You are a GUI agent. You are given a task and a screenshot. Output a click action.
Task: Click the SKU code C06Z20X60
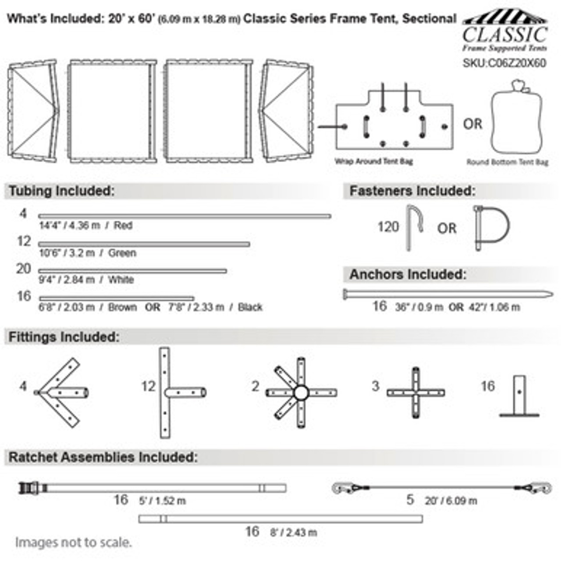coord(504,63)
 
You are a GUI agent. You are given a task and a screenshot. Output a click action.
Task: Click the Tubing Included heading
coord(61,191)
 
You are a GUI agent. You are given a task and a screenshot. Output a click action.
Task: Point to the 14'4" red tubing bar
coord(184,216)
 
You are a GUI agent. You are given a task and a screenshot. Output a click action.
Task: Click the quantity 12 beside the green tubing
coord(24,241)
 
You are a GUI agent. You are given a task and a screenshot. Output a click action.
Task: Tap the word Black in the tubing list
coord(250,307)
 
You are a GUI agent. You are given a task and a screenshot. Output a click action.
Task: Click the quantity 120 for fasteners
coord(388,227)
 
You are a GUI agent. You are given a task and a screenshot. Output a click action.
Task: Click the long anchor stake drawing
coord(447,294)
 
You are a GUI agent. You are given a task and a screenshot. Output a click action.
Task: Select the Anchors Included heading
coord(408,275)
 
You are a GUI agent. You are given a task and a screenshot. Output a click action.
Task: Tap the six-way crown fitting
coord(301,393)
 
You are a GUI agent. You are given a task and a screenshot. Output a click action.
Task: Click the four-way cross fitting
coord(415,393)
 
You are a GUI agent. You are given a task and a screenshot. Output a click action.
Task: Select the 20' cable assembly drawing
coord(440,487)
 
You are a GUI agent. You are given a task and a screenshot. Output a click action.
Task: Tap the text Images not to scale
coord(73,543)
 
